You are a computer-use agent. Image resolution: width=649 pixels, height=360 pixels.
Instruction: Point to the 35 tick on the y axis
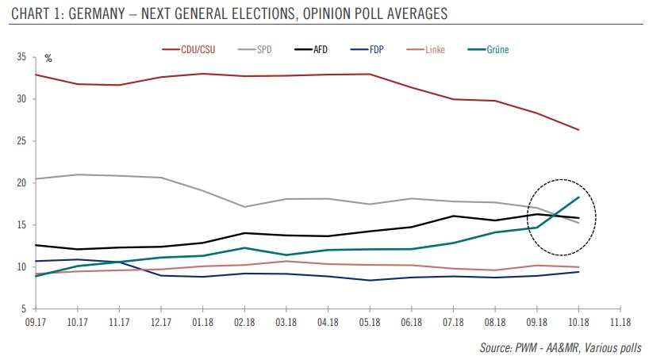(x=22, y=58)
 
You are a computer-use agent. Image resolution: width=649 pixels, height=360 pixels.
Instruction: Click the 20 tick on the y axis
(x=22, y=183)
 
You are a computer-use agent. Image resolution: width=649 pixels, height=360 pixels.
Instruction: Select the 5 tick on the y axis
(x=25, y=308)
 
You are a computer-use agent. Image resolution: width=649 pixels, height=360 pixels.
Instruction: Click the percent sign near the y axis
(x=48, y=59)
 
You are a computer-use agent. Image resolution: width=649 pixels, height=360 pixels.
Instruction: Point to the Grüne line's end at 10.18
(x=577, y=197)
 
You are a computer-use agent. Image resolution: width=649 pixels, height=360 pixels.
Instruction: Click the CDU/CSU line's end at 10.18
(x=577, y=130)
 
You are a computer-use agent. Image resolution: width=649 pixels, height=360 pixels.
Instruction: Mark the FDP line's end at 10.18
(x=577, y=272)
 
